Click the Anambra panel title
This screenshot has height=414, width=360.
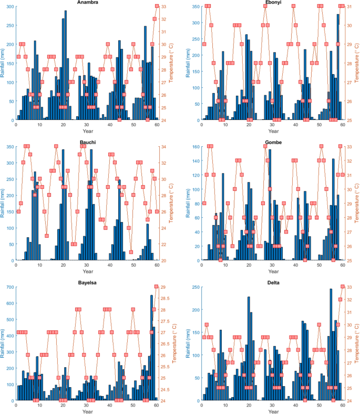[87, 3]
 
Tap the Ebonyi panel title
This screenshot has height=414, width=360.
[272, 3]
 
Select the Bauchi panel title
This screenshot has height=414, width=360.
[87, 143]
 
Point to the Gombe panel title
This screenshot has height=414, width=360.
[272, 143]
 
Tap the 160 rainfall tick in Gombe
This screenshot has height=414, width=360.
[194, 147]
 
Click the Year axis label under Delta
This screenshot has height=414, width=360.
[272, 411]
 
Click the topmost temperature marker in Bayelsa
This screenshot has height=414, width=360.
[156, 287]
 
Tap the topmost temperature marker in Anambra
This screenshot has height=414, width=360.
[157, 6]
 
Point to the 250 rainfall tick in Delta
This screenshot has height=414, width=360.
[194, 287]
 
